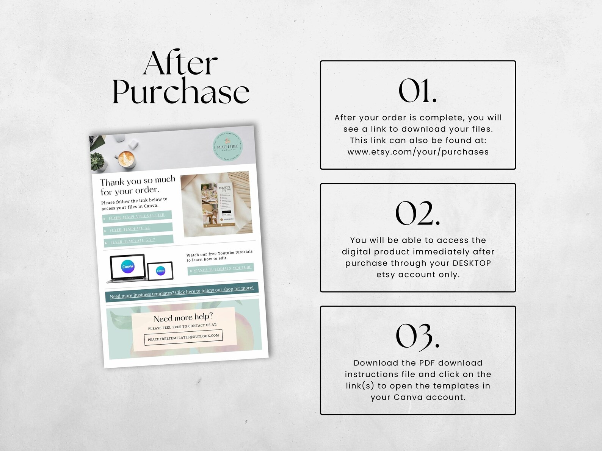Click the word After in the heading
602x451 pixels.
point(180,64)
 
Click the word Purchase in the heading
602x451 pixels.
point(181,92)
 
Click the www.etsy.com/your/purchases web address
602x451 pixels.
point(418,152)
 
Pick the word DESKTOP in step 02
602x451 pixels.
point(472,263)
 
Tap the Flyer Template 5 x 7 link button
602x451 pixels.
point(139,240)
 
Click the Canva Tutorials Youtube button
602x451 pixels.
point(221,268)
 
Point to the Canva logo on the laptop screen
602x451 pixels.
point(128,266)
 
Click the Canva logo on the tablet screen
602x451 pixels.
point(161,270)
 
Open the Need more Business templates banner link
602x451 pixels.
point(182,292)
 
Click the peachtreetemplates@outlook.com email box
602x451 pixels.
point(183,337)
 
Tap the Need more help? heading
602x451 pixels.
point(183,317)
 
